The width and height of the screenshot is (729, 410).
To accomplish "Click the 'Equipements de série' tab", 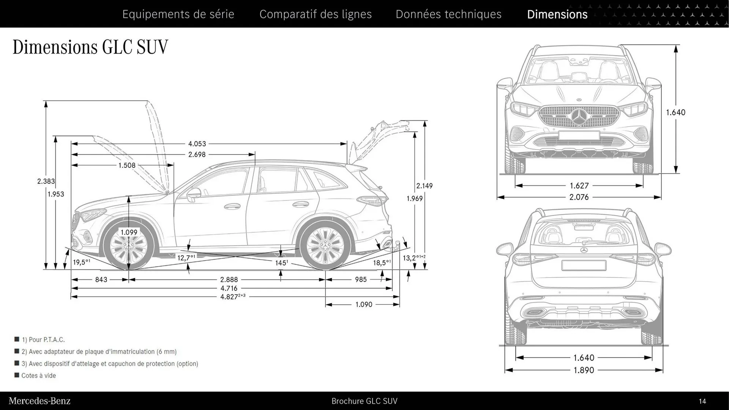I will tap(178, 14).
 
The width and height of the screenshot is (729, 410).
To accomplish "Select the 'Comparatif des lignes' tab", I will tap(316, 14).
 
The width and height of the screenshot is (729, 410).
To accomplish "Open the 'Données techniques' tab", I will tap(448, 14).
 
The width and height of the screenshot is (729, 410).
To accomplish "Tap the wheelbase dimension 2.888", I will tap(229, 280).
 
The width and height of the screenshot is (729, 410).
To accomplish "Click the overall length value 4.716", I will tap(229, 289).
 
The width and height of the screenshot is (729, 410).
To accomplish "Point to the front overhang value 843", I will tap(101, 280).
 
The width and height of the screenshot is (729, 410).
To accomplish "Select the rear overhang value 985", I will tap(361, 280).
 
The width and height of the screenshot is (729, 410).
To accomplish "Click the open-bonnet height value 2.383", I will tap(46, 181).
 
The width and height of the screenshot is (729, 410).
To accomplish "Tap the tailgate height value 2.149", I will tap(424, 186).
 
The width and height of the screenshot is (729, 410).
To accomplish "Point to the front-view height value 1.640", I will tap(675, 112).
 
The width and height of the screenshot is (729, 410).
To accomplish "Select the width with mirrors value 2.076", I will tap(579, 197).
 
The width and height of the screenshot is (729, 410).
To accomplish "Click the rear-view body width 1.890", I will tap(584, 370).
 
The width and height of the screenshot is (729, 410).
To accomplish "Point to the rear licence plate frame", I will tap(584, 265).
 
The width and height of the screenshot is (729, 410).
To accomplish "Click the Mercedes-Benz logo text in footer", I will tap(39, 401).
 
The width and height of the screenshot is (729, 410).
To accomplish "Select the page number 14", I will tap(702, 401).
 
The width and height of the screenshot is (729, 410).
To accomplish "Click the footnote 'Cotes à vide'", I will tap(38, 375).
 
